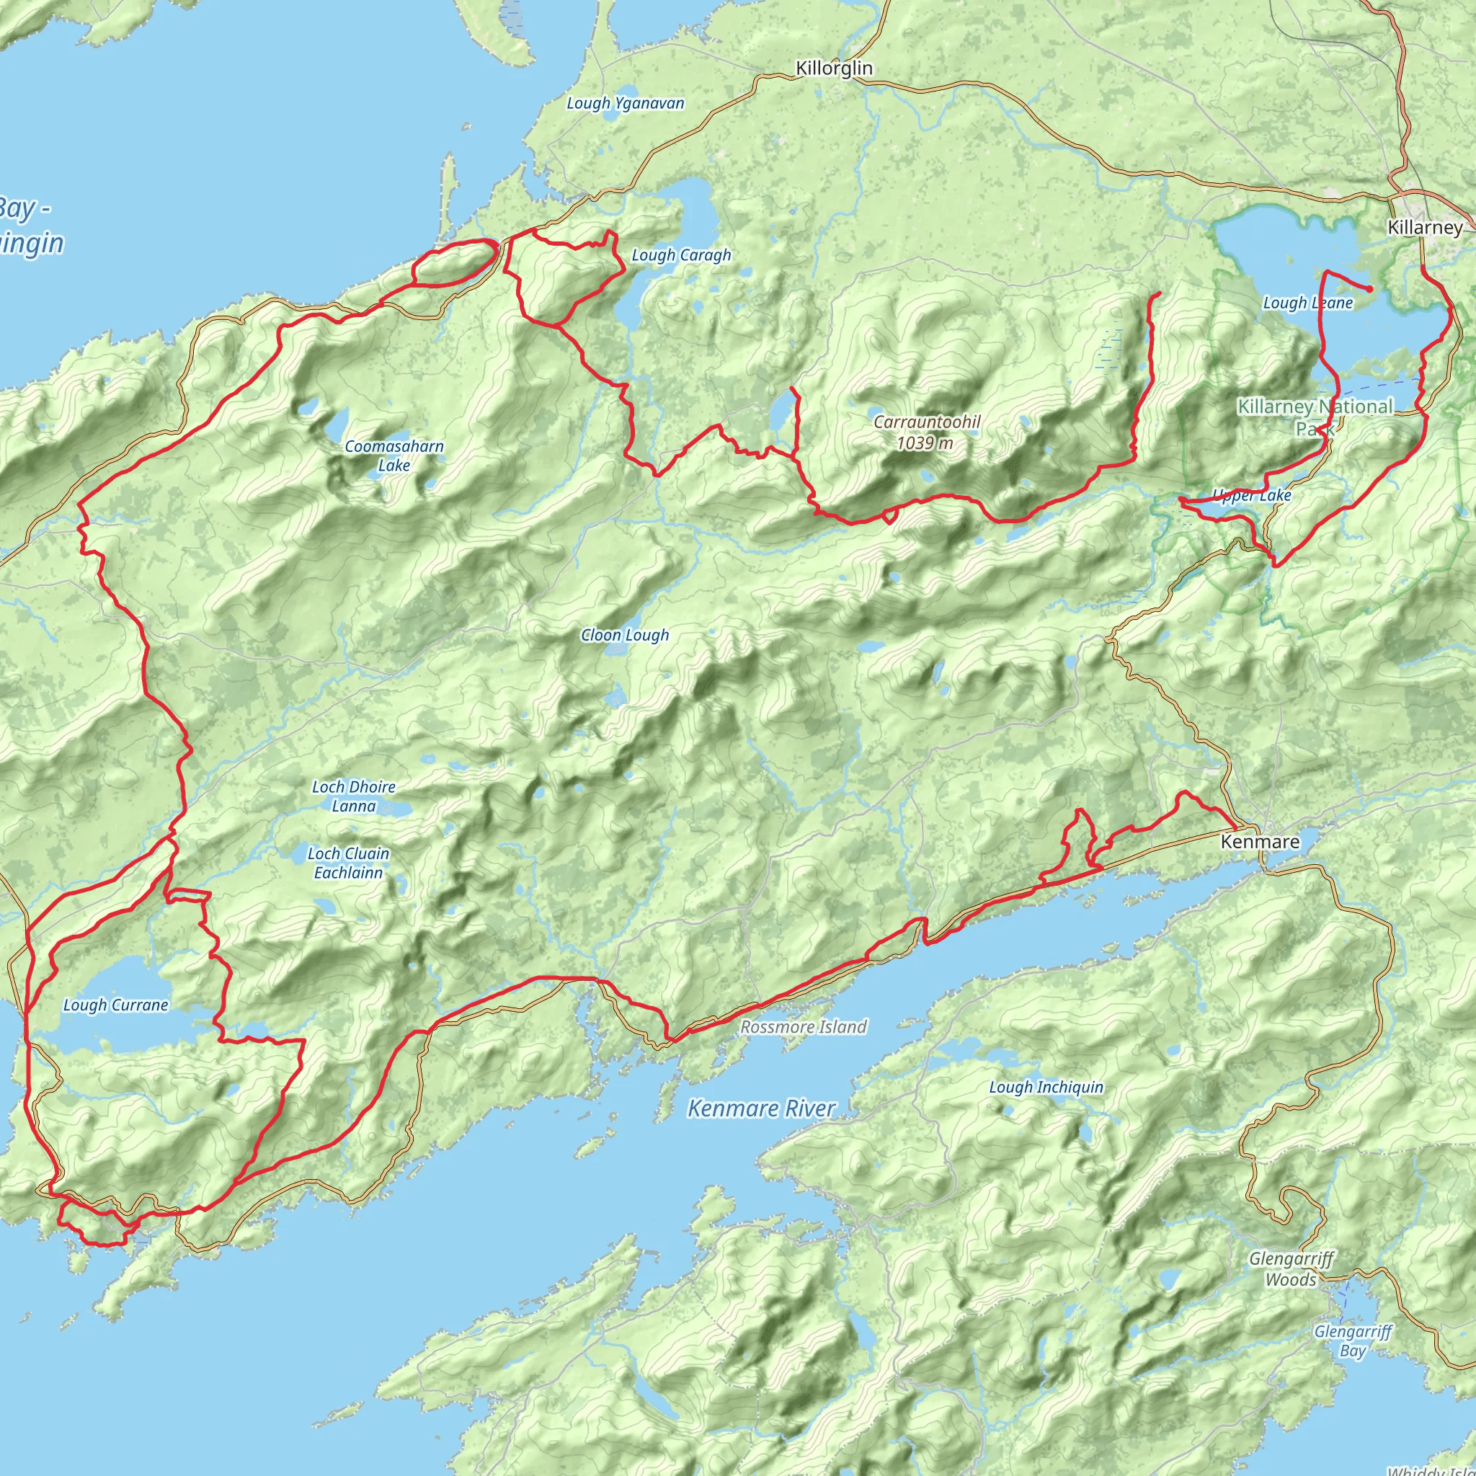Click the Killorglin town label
pos(834,68)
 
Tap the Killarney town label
pos(1425,227)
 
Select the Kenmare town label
pos(1260,841)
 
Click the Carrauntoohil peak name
pos(927,422)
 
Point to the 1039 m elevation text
pos(925,443)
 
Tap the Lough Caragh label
pos(680,255)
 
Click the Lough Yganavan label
pos(625,103)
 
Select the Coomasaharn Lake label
pos(394,455)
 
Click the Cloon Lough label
pos(624,635)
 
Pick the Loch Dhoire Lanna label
pos(353,796)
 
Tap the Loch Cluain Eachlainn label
pos(348,863)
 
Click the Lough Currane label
pos(115,1005)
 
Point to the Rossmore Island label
pos(803,1027)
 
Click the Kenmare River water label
pos(761,1108)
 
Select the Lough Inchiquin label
pos(1046,1086)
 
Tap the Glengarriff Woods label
pos(1291,1269)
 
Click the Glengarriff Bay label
pos(1352,1341)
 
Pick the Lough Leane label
pos(1307,303)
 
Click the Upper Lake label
pos(1253,496)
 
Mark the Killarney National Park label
pos(1315,417)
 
